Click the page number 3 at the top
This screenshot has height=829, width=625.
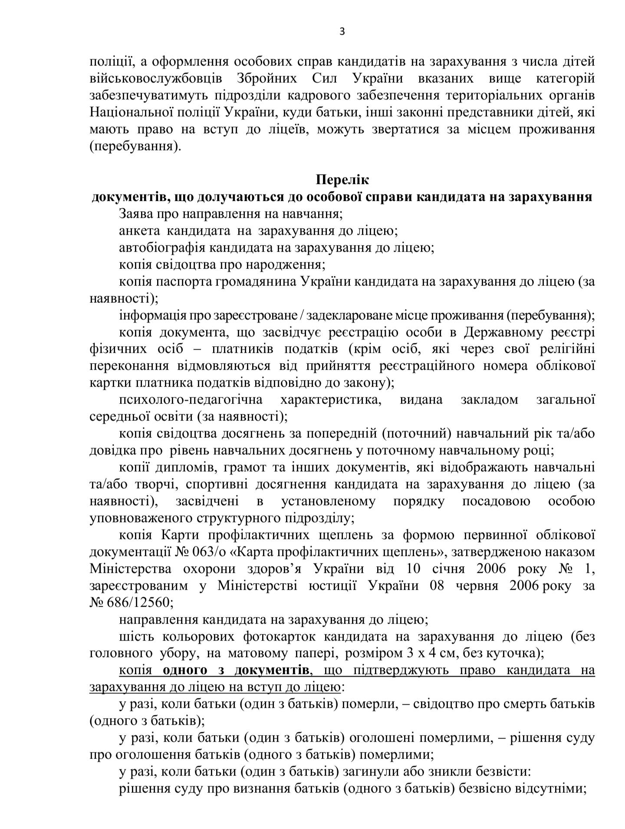pyautogui.click(x=342, y=32)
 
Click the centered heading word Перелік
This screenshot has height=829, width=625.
pyautogui.click(x=342, y=180)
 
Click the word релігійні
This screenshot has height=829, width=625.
pyautogui.click(x=567, y=349)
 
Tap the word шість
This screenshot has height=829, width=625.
pyautogui.click(x=136, y=637)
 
